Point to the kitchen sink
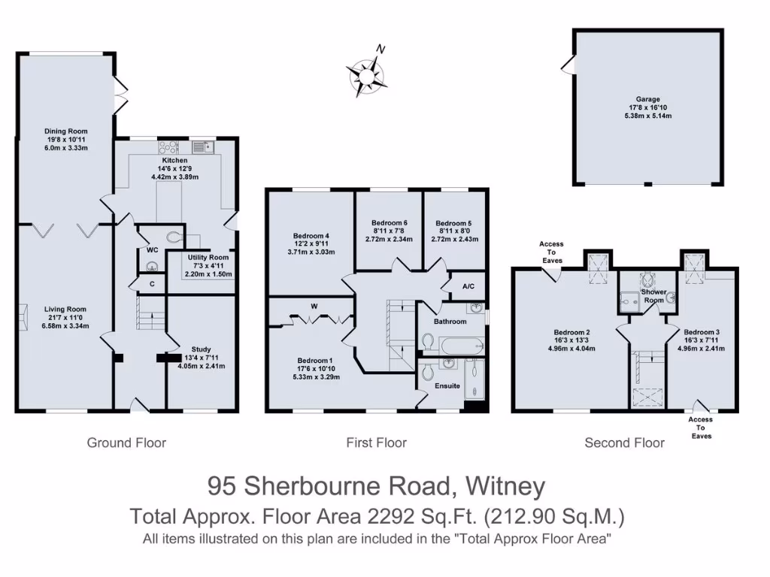coord(201,147)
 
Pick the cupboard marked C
coord(152,284)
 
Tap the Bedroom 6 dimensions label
coord(390,231)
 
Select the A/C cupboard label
coord(468,286)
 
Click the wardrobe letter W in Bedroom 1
coord(313,305)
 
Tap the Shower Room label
coord(653,295)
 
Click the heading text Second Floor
coord(624,443)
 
